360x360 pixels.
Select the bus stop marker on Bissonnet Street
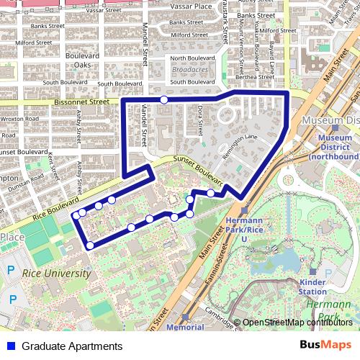(164, 99)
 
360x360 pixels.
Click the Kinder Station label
(312, 287)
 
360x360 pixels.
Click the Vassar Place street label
(193, 6)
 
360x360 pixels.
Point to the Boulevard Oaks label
(86, 60)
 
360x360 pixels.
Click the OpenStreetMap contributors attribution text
(297, 322)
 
